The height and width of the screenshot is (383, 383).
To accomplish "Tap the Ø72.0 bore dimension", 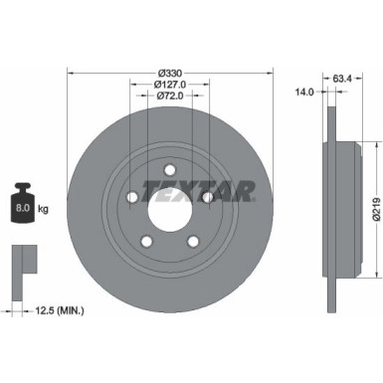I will [169, 96].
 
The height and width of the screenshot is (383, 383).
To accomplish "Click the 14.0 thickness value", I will [304, 92].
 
